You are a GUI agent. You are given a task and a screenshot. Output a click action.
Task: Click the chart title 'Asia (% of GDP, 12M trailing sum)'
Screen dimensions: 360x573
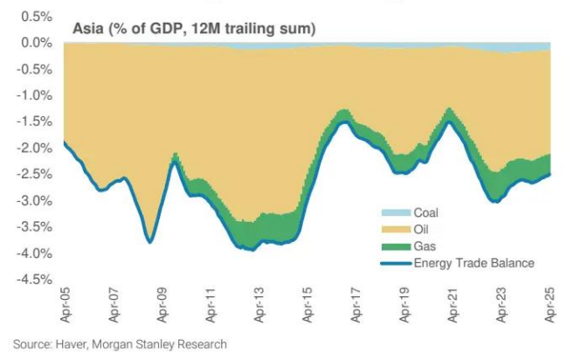(193, 30)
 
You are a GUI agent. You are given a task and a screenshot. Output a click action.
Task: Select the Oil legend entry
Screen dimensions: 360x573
(422, 229)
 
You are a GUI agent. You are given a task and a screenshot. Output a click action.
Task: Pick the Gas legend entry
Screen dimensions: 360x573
(425, 246)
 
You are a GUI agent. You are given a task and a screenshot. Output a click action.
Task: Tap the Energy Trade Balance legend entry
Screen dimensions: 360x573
(473, 262)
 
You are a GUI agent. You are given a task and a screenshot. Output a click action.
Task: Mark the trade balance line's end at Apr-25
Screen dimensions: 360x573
(549, 174)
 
